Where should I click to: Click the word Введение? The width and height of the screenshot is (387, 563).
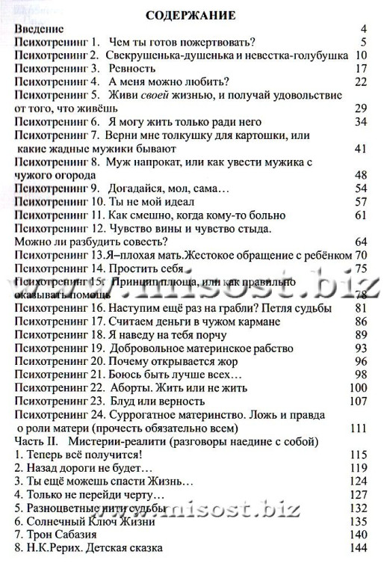tap(41, 28)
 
